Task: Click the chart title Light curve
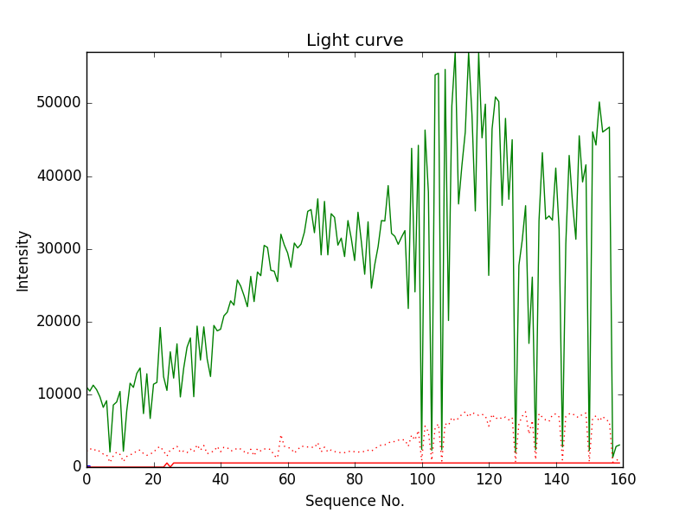point(355,41)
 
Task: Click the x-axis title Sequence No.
point(355,501)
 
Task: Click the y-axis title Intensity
point(23,259)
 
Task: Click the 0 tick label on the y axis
point(76,467)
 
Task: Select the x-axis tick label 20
point(153,478)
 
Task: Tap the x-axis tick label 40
point(221,478)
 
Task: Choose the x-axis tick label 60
point(287,478)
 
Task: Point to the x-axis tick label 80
point(355,478)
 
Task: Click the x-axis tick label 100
point(421,478)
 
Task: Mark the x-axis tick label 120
point(489,478)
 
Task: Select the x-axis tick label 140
point(555,478)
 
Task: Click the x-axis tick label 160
point(623,478)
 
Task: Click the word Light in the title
point(325,41)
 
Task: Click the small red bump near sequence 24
point(167,464)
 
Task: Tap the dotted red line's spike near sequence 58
point(281,437)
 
